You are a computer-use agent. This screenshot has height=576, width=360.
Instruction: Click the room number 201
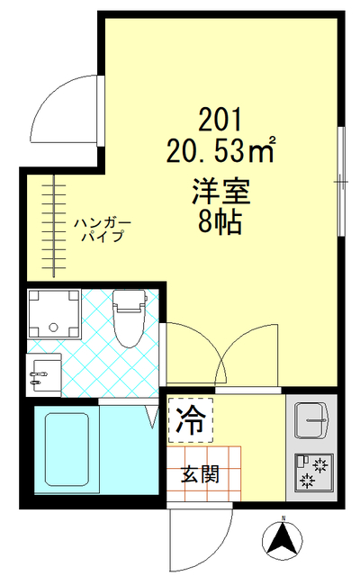(219, 118)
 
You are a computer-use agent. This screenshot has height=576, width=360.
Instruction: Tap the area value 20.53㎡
(220, 149)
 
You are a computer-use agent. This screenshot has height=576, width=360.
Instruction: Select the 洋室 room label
(219, 191)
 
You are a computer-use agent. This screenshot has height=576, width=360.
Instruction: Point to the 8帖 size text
(219, 222)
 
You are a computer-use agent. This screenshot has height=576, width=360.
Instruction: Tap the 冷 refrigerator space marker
(190, 418)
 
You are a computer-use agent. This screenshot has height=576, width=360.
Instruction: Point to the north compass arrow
(282, 540)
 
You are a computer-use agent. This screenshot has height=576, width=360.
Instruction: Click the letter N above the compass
(282, 519)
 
